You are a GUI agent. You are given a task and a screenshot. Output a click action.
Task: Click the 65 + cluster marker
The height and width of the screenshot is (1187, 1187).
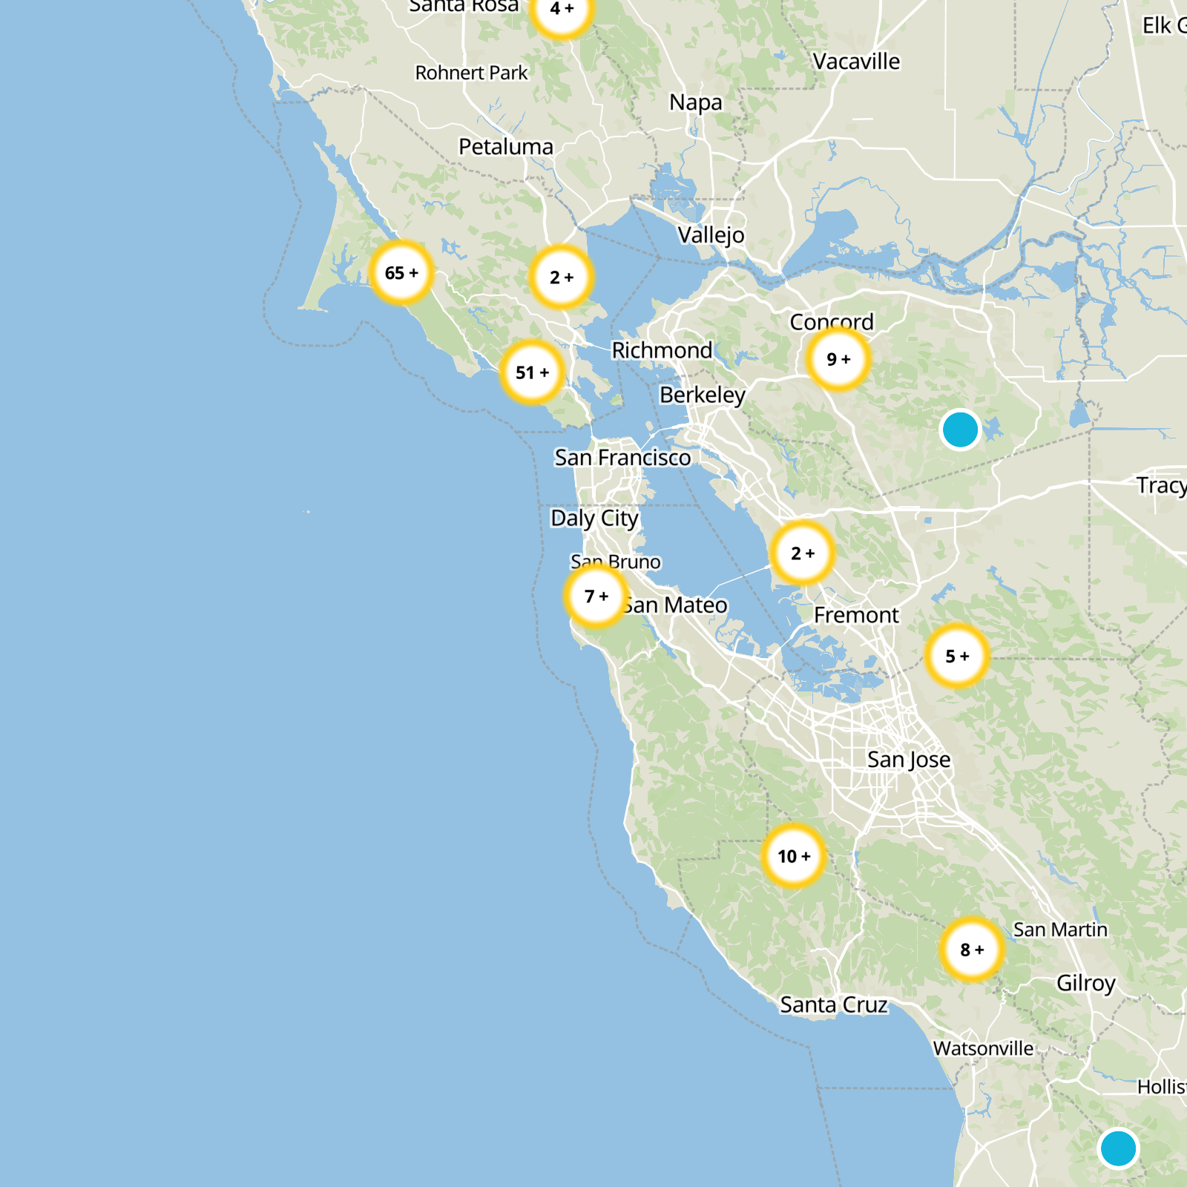tap(401, 273)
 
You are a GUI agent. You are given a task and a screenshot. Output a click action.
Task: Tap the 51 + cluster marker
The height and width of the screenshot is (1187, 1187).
tap(532, 372)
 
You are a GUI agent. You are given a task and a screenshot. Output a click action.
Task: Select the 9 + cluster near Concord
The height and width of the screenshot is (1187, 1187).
tap(838, 360)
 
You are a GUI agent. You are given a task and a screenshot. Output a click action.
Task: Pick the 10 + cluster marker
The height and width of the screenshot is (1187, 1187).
tap(794, 856)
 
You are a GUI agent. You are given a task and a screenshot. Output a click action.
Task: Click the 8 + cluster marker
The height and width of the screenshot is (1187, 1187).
tap(971, 950)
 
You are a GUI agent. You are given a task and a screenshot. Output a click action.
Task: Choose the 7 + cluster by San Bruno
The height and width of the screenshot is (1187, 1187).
tap(596, 596)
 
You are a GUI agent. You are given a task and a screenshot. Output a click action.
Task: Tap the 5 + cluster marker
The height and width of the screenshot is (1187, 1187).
tap(957, 656)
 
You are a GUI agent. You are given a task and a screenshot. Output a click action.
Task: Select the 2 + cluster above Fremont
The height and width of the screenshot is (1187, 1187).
tap(803, 553)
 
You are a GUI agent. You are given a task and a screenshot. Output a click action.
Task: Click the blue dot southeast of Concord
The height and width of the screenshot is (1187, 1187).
tap(960, 430)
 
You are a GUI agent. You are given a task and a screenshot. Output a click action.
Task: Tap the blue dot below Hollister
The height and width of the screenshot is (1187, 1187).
tap(1118, 1148)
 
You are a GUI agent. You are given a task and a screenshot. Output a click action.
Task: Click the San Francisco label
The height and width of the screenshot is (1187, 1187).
tap(622, 458)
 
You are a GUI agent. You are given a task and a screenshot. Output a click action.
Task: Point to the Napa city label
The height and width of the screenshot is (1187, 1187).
tap(695, 102)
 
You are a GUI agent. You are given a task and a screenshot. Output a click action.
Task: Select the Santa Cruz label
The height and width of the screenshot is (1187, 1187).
tap(834, 1004)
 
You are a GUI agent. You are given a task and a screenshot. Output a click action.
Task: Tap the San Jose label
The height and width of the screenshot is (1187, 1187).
tap(909, 760)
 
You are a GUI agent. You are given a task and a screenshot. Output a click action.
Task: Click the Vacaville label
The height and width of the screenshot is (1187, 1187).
tap(856, 62)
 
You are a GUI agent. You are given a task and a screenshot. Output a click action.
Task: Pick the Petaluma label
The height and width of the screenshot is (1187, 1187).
tap(506, 147)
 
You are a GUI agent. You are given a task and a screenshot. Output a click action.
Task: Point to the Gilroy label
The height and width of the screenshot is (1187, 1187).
tap(1085, 983)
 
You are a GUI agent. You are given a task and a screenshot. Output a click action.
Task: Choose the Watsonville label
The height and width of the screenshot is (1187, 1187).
tap(983, 1048)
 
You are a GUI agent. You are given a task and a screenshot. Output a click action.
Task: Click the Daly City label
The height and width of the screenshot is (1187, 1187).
tap(594, 518)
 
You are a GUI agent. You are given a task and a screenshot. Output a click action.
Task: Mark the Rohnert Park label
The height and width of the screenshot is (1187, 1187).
tap(471, 73)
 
